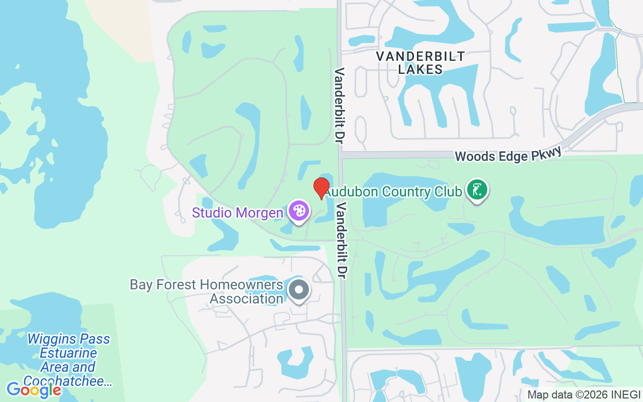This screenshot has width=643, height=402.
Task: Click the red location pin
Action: [x=321, y=188]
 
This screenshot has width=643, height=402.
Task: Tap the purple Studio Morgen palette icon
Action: [x=298, y=211]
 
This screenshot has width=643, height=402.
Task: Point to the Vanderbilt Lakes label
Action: [x=421, y=63]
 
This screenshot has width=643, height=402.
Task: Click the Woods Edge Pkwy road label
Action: [x=508, y=155]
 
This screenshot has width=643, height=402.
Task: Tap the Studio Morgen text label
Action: [x=238, y=213]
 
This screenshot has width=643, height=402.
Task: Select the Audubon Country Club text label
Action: [x=393, y=192]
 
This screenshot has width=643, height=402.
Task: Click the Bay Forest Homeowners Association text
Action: [x=206, y=292]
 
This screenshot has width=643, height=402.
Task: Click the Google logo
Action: [x=34, y=389]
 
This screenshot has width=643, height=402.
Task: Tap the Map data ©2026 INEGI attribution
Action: [x=584, y=394]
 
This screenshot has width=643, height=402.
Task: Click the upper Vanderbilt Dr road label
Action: [x=340, y=107]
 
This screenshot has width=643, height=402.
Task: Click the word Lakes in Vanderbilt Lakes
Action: [x=420, y=69]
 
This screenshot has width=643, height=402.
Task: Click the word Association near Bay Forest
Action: [x=247, y=299]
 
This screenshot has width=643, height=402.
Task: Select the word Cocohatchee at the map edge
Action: [x=67, y=381]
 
